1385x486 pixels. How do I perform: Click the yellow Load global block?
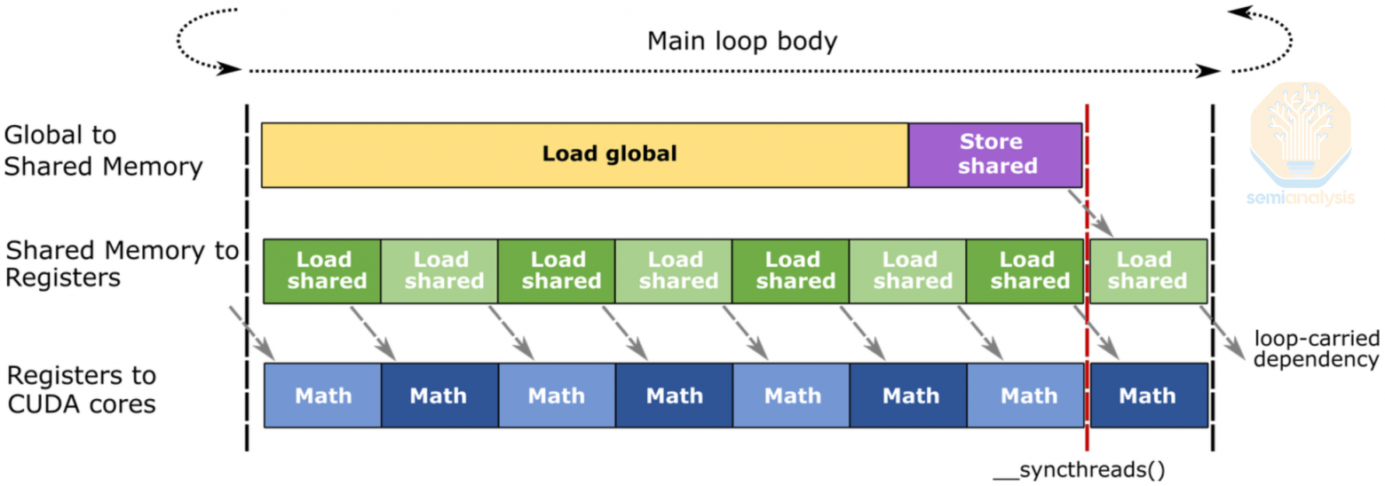pos(584,155)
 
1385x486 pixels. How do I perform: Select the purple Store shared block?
pos(995,155)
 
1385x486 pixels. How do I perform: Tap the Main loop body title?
pos(742,42)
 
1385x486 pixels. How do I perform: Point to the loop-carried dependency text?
pos(1316,349)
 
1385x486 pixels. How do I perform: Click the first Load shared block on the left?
pos(323,270)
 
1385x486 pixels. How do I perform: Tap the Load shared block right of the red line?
pos(1148,270)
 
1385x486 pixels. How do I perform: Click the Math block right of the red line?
pos(1148,396)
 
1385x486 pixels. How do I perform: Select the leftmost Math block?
pos(323,396)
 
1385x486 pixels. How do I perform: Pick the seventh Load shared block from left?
pos(1025,270)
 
